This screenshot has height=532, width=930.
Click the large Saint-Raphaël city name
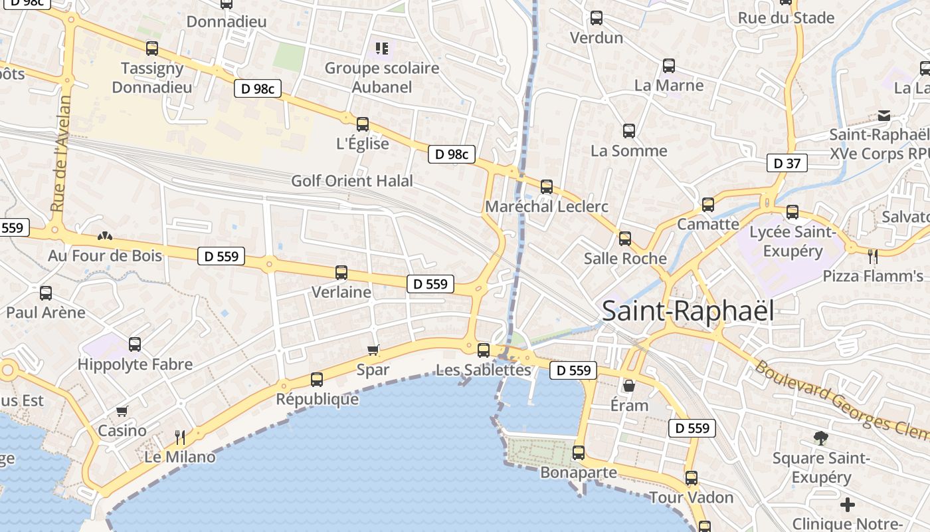pos(688,311)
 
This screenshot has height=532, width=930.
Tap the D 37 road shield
pos(787,163)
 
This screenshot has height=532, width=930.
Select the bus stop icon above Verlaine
pos(341,272)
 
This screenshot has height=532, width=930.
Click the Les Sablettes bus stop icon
pos(484,350)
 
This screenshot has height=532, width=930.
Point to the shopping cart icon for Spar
pos(373,350)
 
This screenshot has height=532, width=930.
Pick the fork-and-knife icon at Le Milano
pos(179,437)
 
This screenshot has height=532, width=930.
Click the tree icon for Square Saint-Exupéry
pos(821,438)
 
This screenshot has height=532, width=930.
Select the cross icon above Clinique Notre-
pos(848,505)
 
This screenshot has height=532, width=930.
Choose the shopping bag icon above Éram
pos(628,386)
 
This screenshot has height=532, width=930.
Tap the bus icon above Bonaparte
pos(579,453)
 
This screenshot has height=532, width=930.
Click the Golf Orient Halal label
pos(352,181)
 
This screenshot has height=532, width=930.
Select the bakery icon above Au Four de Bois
pos(104,236)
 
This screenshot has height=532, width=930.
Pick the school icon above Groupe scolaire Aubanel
pos(381,48)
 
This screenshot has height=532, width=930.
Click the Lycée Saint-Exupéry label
pos(792,241)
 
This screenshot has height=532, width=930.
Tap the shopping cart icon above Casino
pos(122,412)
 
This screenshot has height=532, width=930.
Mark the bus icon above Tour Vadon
pos(692,478)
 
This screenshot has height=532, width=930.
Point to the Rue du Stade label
pos(786,18)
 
